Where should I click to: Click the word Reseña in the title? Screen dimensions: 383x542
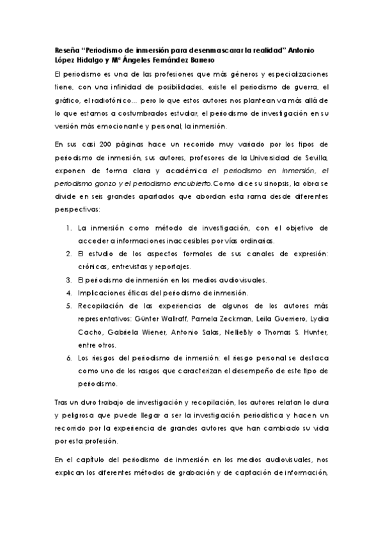point(65,50)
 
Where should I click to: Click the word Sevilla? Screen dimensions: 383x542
point(315,157)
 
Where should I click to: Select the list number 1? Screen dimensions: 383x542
point(68,227)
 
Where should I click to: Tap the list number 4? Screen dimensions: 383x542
point(68,293)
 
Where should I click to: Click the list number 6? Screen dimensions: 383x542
point(68,358)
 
